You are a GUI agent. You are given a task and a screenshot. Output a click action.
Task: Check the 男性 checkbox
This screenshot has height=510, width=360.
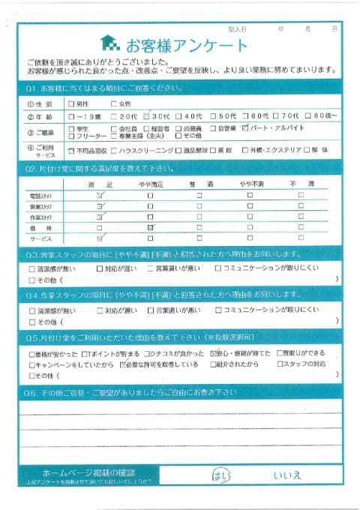71,104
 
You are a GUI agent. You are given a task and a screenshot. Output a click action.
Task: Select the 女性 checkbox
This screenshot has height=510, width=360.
114,104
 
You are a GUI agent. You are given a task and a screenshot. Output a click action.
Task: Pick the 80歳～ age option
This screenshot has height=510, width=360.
312,116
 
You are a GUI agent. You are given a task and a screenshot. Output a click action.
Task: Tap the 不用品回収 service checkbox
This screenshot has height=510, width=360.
71,150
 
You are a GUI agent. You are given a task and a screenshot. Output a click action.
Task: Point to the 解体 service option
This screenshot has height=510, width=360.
314,150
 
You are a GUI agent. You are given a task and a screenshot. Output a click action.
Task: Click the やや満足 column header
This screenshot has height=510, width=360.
151,184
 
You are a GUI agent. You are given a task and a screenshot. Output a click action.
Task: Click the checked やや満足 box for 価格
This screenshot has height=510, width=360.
151,226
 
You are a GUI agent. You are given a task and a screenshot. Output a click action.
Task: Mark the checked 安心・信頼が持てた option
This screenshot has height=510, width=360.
214,352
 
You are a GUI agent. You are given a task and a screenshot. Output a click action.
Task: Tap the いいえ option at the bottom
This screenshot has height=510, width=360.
288,475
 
